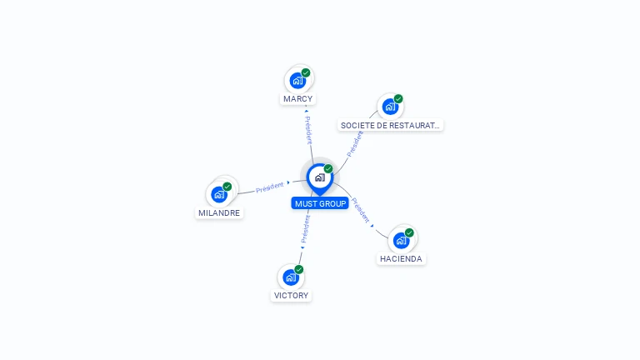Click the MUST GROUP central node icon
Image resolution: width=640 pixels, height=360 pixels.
point(318,177)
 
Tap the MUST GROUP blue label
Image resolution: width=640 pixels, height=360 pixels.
point(320,203)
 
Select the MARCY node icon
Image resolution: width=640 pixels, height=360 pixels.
point(297,80)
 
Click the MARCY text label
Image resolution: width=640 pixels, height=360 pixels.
point(297,99)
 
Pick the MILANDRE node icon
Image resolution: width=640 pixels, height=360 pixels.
point(219,194)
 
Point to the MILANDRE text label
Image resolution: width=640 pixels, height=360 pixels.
point(219,212)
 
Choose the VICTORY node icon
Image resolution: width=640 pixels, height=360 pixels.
point(290,277)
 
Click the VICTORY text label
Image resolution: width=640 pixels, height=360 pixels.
point(291,296)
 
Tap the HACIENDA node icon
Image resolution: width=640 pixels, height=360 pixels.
point(401,240)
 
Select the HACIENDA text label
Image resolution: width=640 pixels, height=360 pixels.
point(402,259)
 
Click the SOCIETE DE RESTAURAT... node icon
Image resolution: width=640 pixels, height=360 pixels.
point(389,107)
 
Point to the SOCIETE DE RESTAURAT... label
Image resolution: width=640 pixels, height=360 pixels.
point(391,126)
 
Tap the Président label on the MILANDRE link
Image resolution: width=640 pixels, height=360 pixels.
point(270,187)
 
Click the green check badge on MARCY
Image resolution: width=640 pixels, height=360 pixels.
point(306,72)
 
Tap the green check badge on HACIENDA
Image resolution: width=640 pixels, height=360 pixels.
point(409,232)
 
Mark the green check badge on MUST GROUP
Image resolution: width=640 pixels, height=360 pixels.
point(328,168)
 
